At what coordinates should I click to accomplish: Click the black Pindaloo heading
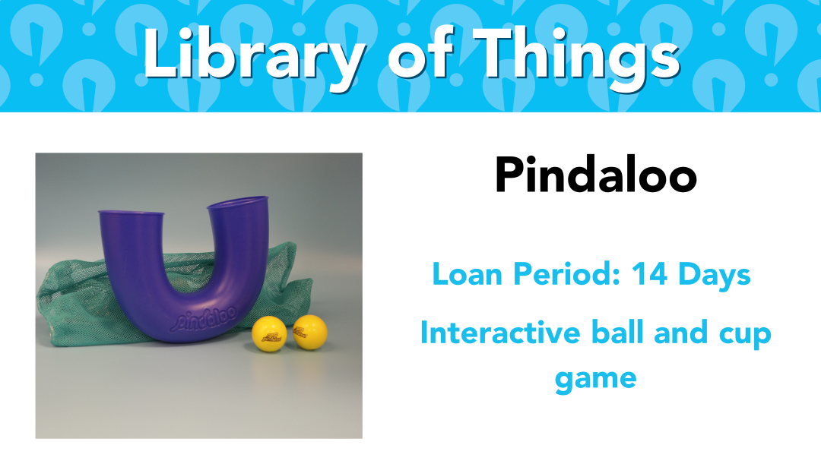click(x=596, y=175)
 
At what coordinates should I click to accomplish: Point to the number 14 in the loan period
click(x=649, y=273)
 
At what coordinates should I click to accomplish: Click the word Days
click(x=714, y=275)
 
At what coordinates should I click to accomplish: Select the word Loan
click(x=467, y=273)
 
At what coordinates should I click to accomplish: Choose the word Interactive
click(x=500, y=333)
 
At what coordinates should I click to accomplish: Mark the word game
click(x=596, y=380)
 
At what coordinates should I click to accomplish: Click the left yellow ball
click(x=269, y=333)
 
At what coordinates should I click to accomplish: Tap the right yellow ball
click(x=310, y=332)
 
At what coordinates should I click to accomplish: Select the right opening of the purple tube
click(x=238, y=203)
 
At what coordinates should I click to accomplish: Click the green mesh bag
click(x=68, y=303)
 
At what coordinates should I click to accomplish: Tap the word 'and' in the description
click(x=680, y=333)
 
